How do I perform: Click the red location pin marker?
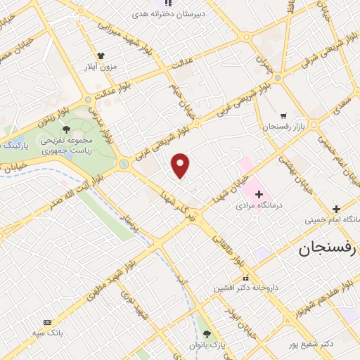181,165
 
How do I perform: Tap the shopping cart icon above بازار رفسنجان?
283,115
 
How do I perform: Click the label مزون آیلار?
101,67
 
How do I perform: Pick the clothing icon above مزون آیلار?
101,56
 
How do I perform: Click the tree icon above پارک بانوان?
205,333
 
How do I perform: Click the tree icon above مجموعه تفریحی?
65,129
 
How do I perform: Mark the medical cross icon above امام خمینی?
336,208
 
